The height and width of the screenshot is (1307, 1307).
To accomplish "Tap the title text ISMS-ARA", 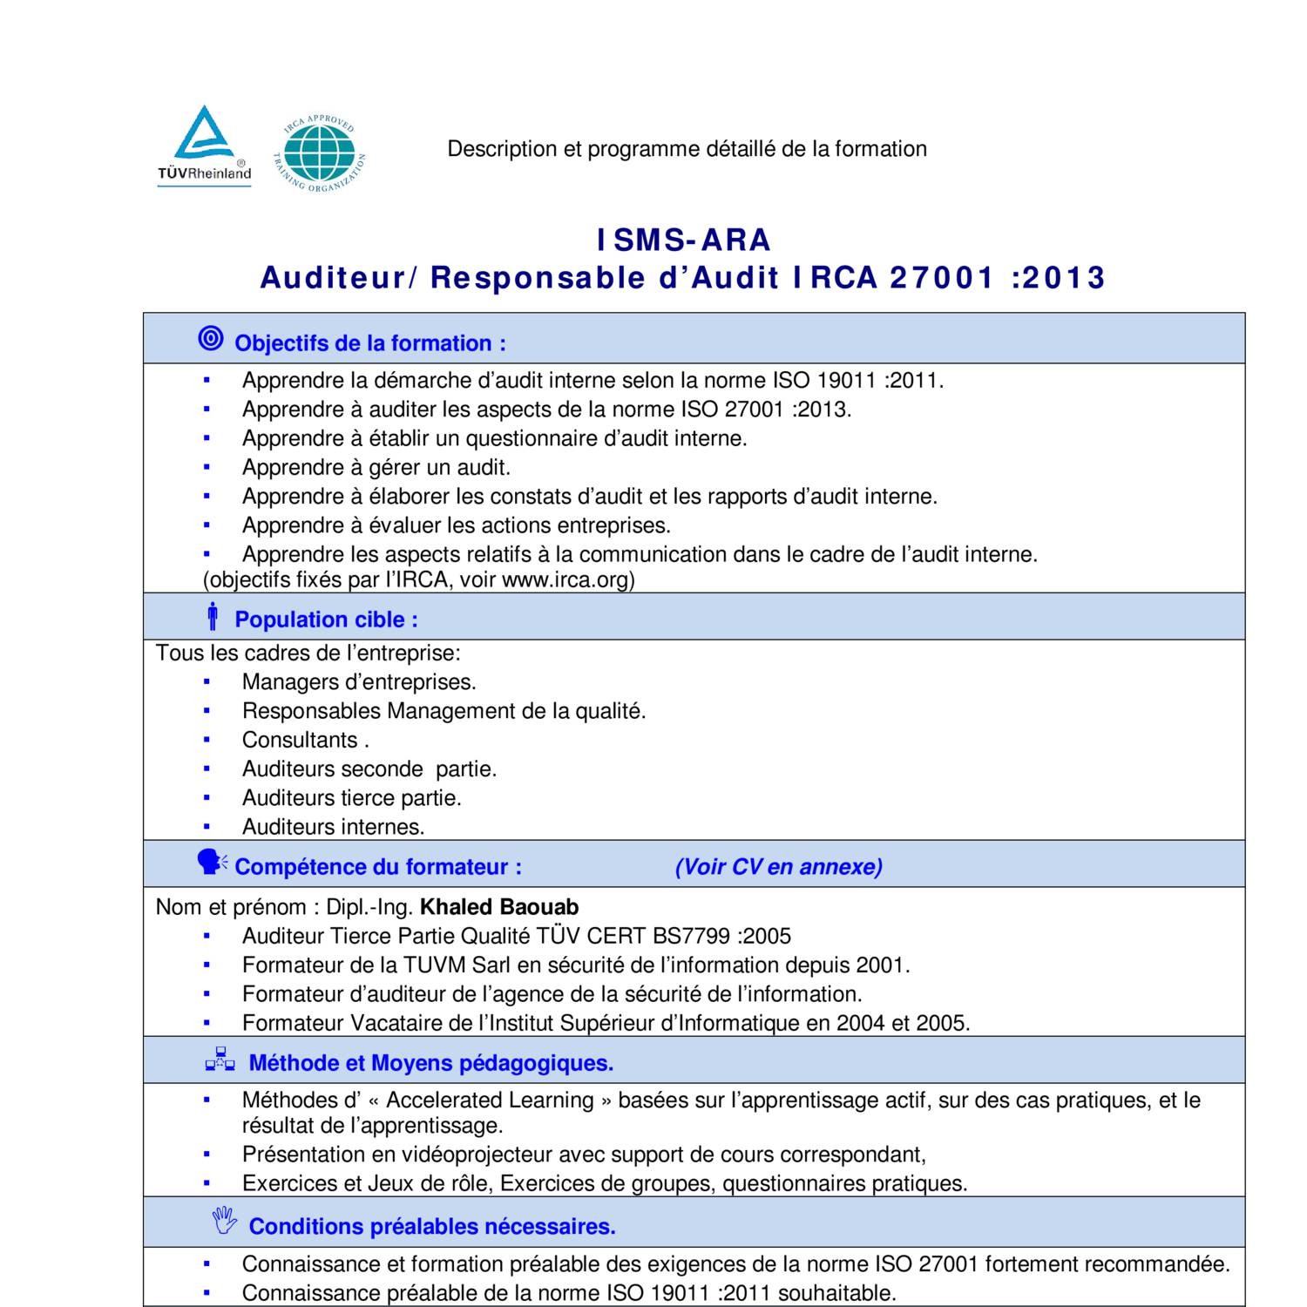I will tap(683, 240).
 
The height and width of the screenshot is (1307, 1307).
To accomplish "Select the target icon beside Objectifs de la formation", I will tap(211, 339).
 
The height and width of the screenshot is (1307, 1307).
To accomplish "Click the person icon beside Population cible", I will tap(212, 616).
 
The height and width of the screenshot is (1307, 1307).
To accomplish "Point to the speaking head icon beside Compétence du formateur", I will tap(211, 863).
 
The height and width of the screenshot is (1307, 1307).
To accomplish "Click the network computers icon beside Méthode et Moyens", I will tap(220, 1060).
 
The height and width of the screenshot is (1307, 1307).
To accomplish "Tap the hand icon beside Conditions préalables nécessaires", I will tap(224, 1221).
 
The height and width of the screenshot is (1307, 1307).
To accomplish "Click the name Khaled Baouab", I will tap(499, 907).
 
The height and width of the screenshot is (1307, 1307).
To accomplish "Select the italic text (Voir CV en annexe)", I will tap(778, 867).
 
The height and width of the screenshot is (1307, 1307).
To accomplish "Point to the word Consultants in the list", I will tap(300, 740).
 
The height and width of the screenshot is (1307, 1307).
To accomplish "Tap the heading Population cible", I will tap(326, 620).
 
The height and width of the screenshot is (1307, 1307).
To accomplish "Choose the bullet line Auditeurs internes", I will tap(333, 827).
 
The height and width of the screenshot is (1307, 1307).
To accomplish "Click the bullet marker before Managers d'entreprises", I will tap(207, 682).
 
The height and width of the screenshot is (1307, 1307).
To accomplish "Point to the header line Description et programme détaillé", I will tap(687, 149).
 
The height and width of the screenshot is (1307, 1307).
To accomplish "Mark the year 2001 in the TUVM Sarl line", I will tap(881, 965).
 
